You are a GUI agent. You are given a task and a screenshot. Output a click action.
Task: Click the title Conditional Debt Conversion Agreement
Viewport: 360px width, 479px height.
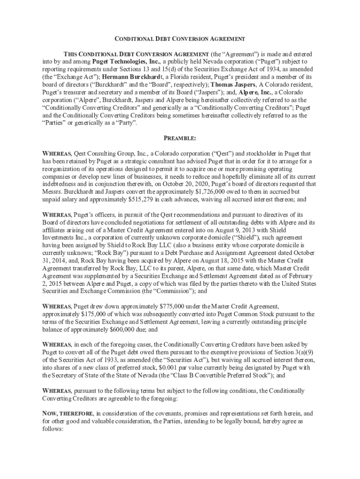point(180,39)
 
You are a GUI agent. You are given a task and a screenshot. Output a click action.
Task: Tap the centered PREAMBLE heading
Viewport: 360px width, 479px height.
point(180,138)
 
